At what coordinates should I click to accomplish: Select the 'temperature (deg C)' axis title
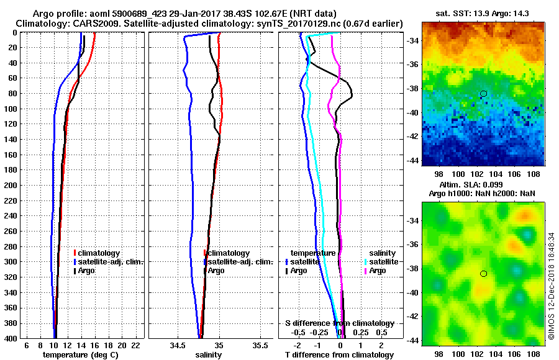(x=80, y=355)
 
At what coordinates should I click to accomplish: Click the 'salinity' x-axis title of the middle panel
(x=208, y=355)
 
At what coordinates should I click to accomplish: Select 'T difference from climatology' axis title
(x=339, y=355)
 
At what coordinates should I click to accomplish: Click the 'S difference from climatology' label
(x=339, y=323)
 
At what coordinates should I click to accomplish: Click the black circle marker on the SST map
(x=483, y=94)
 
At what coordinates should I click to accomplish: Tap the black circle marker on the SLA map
(x=483, y=274)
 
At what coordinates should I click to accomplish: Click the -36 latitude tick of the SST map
(x=412, y=65)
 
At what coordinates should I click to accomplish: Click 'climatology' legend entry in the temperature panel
(x=99, y=253)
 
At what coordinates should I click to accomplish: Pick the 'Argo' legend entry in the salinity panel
(x=216, y=271)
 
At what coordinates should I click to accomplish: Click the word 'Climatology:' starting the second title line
(x=43, y=24)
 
